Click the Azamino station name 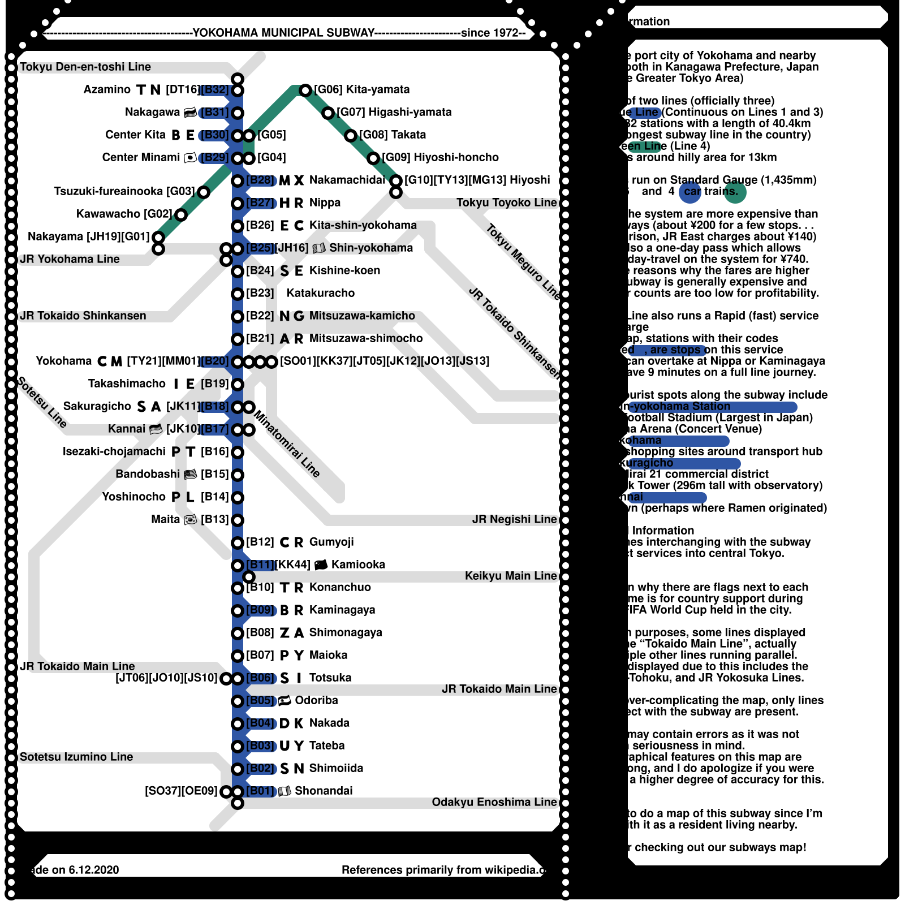(107, 89)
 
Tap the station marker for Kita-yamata (305, 90)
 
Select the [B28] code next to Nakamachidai (260, 180)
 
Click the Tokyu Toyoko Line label (506, 202)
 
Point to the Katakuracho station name (320, 293)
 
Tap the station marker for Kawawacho (181, 214)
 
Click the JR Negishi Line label (514, 519)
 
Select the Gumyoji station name (331, 542)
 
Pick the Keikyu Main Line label (511, 576)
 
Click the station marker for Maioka (238, 656)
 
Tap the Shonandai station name (324, 791)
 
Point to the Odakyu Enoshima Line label (494, 802)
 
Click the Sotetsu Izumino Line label (76, 757)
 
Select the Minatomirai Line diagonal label (287, 443)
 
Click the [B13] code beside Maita (214, 519)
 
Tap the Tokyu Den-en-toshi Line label (85, 67)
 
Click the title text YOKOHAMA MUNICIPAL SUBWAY (283, 33)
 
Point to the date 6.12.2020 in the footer (94, 870)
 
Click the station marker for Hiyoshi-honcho (373, 158)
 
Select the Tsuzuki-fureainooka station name (108, 191)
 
